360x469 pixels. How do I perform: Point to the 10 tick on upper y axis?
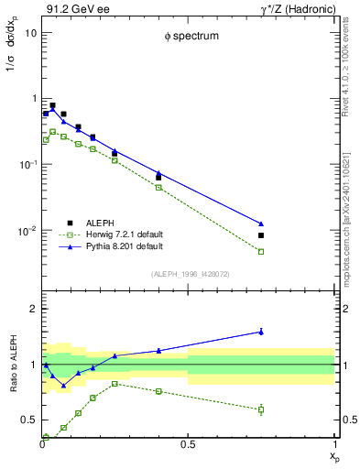31,32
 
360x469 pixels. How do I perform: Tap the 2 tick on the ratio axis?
34,309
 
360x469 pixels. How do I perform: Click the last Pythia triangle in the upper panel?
261,224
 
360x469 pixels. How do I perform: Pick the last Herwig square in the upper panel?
261,251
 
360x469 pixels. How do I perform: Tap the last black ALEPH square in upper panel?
261,235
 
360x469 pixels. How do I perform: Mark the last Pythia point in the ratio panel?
261,332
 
